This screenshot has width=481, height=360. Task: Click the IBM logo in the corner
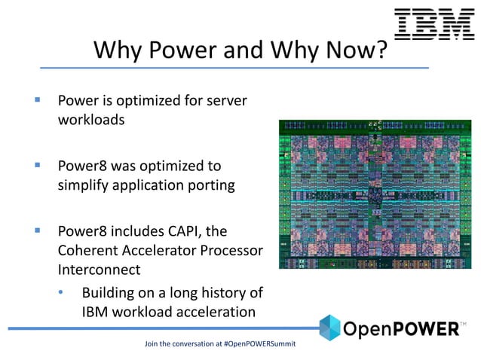434,24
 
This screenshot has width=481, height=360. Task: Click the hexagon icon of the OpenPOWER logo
329,328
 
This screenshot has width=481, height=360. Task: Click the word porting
210,185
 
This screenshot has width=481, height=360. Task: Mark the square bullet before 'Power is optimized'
36,99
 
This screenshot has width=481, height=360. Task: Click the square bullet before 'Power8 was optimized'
36,165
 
